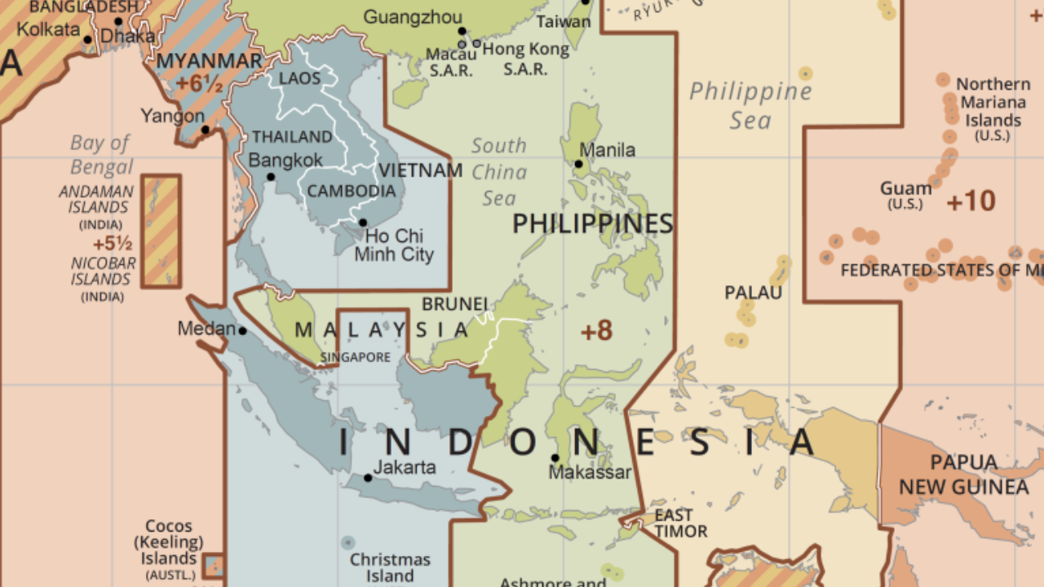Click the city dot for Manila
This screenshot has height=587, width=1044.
578,164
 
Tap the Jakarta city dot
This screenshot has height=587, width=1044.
368,478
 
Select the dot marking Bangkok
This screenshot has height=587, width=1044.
271,177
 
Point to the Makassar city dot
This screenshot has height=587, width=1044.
555,458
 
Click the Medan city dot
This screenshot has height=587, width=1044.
242,331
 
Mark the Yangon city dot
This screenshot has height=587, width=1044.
206,130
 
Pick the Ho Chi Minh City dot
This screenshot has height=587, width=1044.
363,223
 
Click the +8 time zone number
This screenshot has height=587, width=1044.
596,330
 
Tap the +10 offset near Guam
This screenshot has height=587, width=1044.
971,201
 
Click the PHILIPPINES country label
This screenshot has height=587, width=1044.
592,223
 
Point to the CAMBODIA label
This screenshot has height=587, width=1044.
351,192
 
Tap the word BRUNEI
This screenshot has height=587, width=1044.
454,304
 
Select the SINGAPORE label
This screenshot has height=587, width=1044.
355,357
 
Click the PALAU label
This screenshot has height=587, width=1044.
753,293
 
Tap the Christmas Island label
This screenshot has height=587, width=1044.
390,567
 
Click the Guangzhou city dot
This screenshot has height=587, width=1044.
462,32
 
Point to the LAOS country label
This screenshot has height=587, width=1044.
299,78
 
